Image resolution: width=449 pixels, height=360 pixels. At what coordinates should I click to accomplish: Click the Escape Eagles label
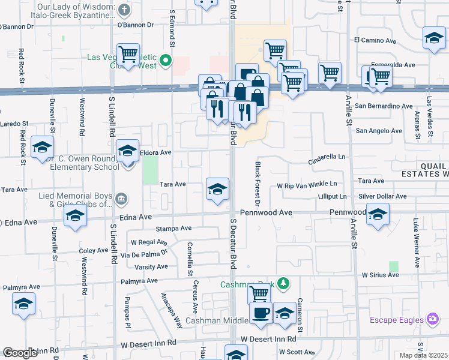pyautogui.click(x=396, y=319)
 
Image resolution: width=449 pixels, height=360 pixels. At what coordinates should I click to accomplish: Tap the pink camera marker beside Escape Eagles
pyautogui.click(x=431, y=319)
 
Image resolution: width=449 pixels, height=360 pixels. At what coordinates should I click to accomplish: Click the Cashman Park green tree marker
pyautogui.click(x=286, y=283)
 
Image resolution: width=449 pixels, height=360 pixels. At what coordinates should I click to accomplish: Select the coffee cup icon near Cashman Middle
pyautogui.click(x=261, y=314)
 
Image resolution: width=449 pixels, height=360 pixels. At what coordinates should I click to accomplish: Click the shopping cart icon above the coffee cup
pyautogui.click(x=259, y=294)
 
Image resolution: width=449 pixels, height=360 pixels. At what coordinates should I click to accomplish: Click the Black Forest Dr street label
pyautogui.click(x=258, y=178)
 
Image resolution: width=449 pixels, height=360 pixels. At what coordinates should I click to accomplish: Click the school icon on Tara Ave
pyautogui.click(x=217, y=190)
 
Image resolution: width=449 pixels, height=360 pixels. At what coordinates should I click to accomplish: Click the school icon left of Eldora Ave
pyautogui.click(x=127, y=152)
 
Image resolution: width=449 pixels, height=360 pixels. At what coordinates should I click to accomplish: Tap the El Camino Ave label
pyautogui.click(x=375, y=41)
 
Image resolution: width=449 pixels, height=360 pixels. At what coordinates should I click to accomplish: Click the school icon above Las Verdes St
pyautogui.click(x=434, y=40)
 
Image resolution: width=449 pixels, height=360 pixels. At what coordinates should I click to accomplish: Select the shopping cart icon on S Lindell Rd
pyautogui.click(x=128, y=55)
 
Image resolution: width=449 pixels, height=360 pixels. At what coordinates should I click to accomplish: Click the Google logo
pyautogui.click(x=20, y=353)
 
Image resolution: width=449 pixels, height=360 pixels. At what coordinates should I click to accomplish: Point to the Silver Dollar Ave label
pyautogui.click(x=382, y=196)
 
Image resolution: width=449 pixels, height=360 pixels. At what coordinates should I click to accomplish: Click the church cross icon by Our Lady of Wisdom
pyautogui.click(x=124, y=9)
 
